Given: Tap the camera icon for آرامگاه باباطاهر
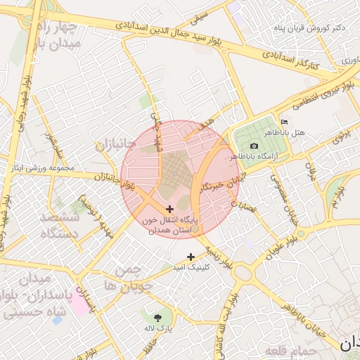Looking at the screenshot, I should (254, 146).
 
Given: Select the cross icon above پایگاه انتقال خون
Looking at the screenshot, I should (169, 209).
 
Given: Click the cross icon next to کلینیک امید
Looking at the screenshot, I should (190, 257).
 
